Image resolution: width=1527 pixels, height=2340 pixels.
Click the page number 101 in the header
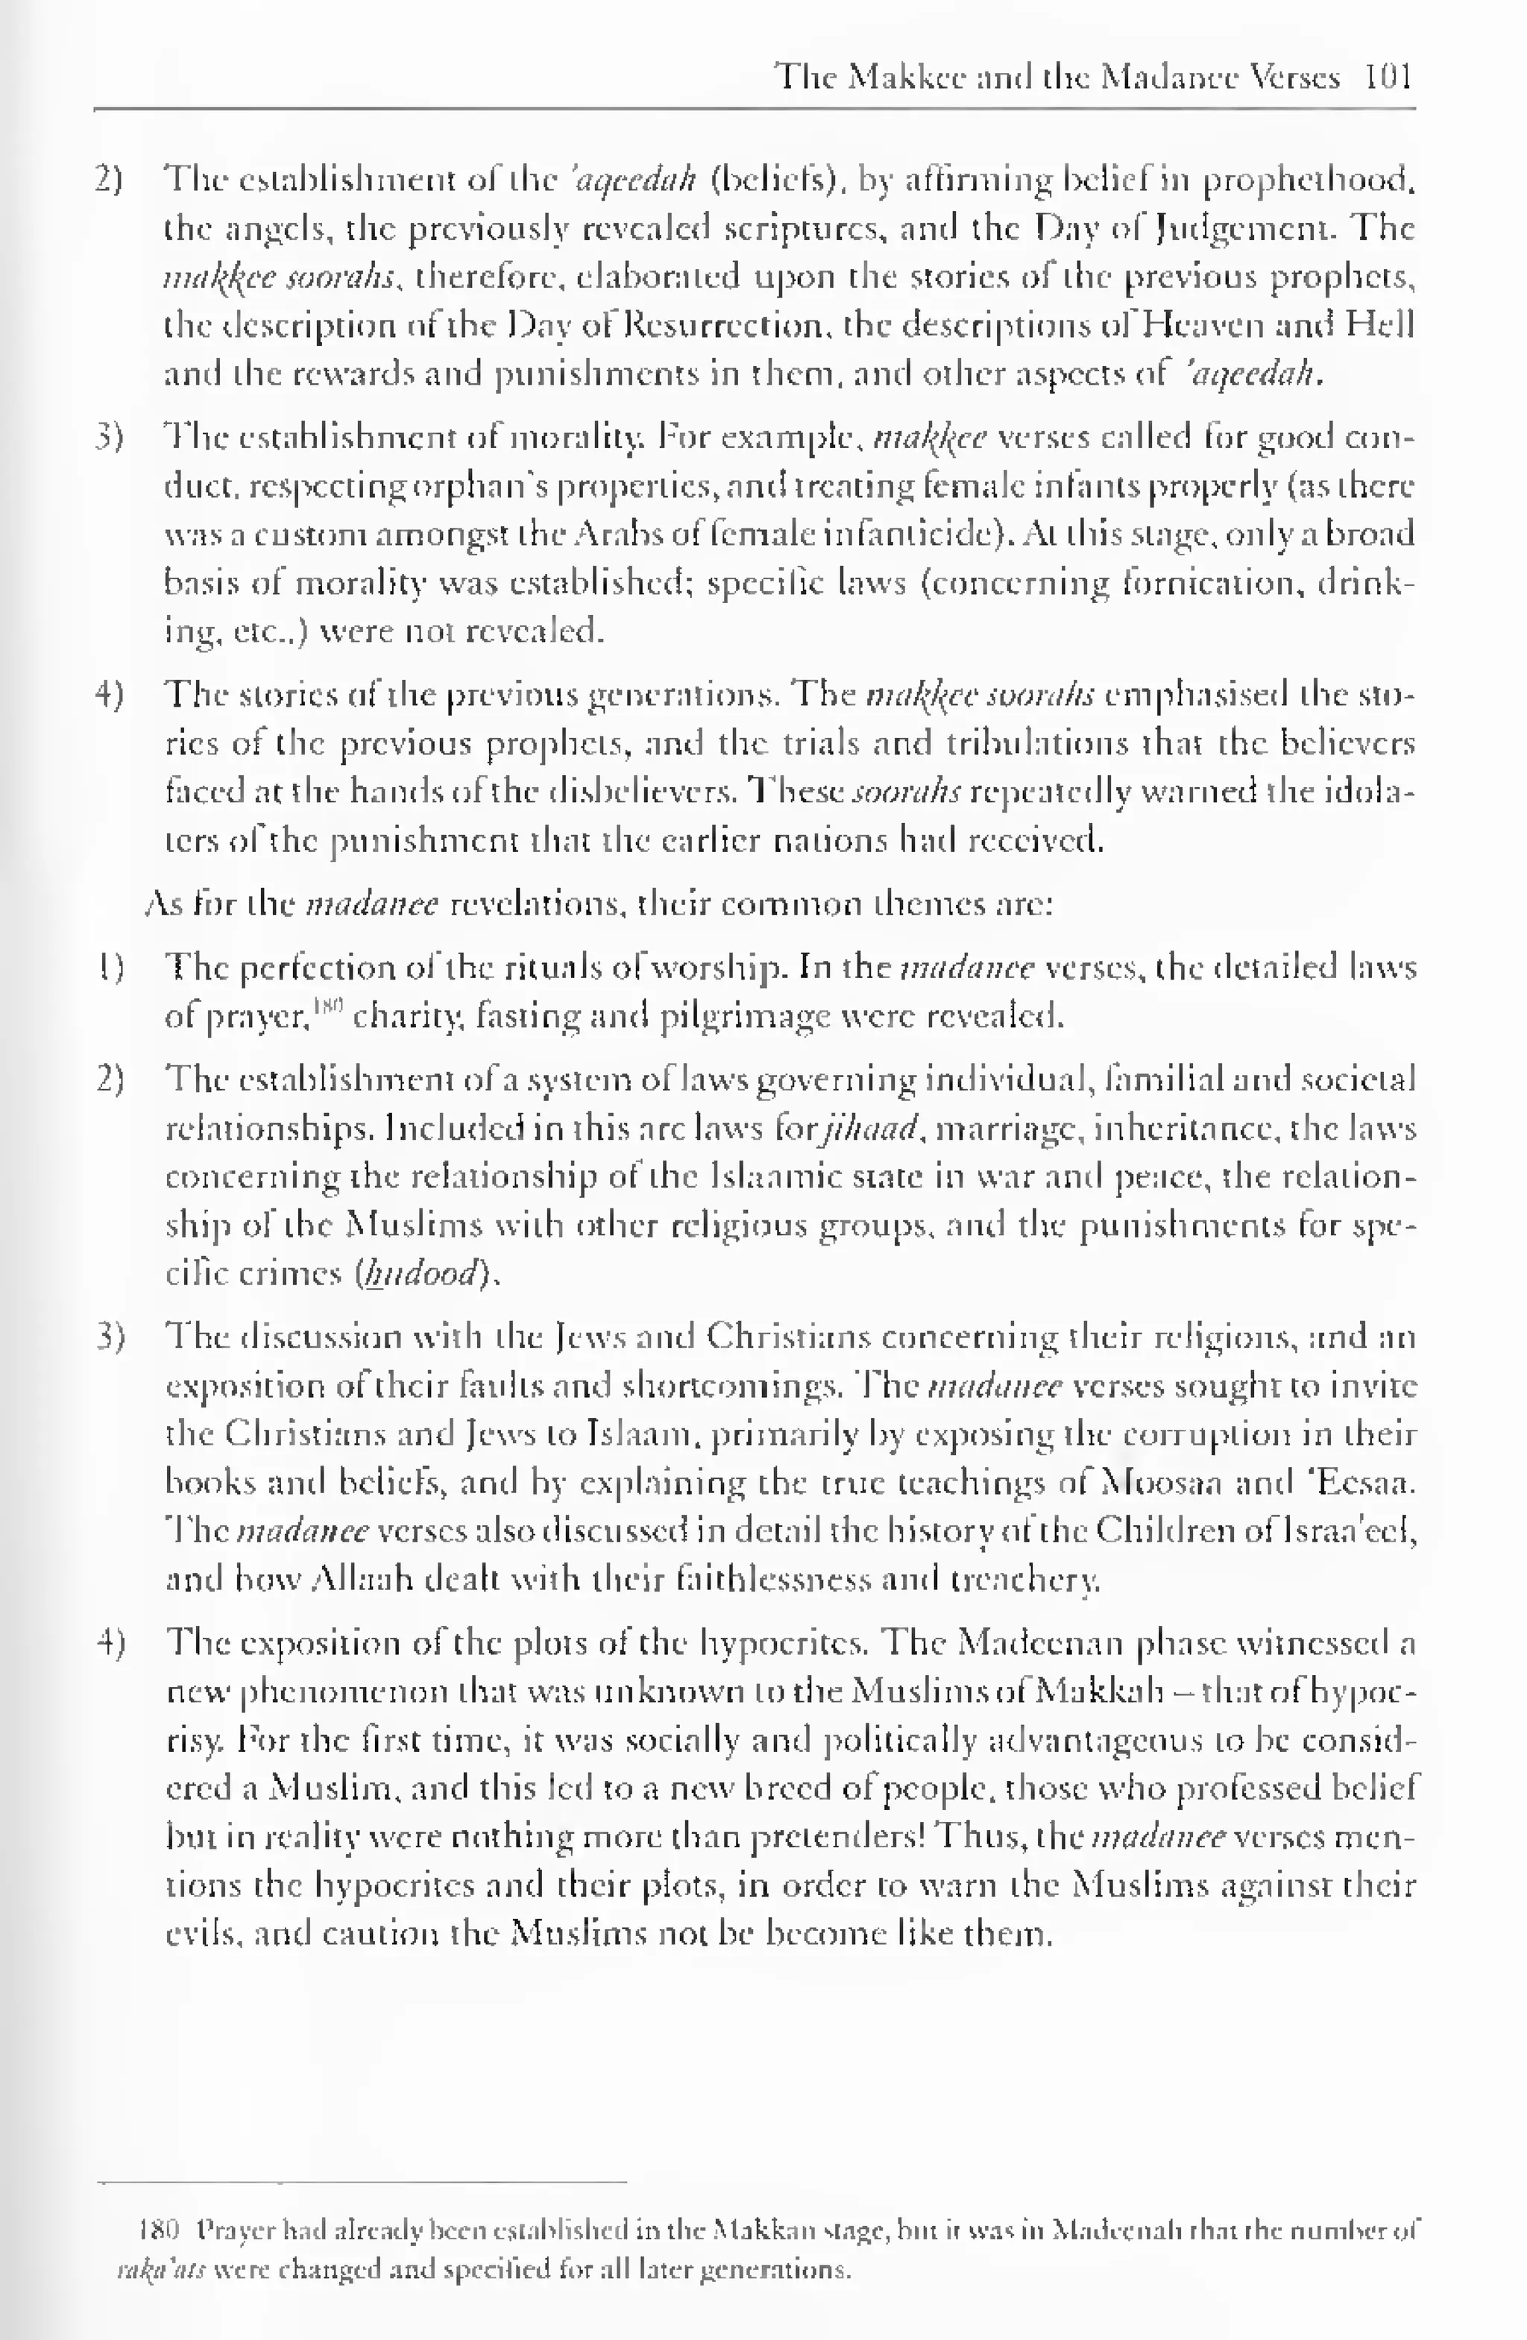tap(1388, 77)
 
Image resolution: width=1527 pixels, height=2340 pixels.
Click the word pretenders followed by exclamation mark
tap(840, 1838)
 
